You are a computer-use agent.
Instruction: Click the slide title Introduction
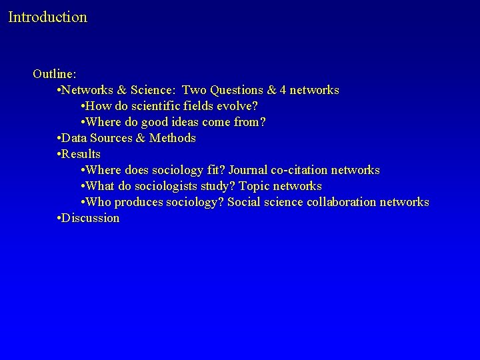coord(47,17)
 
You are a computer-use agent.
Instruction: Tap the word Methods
coord(173,138)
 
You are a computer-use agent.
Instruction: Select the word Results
coord(81,154)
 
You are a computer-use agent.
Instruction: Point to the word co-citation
coord(298,170)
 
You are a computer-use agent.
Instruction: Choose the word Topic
coord(253,186)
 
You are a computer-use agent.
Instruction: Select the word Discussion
coord(91,218)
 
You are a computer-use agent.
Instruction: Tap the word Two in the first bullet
coord(194,90)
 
